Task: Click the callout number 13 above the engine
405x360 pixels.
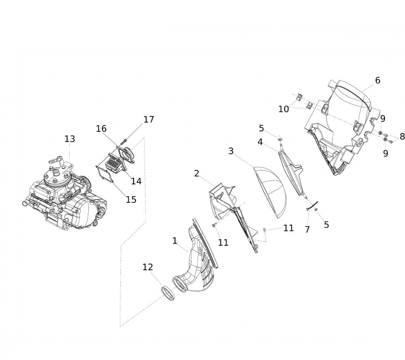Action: coord(70,139)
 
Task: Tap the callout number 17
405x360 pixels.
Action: coord(149,120)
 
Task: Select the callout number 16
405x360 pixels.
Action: coord(101,129)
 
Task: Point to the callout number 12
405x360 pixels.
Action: coord(148,267)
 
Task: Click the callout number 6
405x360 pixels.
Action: coord(377,80)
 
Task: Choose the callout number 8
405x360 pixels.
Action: coord(402,136)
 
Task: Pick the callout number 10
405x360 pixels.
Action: coord(283,109)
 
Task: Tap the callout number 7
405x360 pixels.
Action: coord(307,229)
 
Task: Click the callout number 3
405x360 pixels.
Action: coord(231,151)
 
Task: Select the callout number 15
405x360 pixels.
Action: coord(131,199)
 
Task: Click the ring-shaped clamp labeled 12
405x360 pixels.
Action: coord(168,293)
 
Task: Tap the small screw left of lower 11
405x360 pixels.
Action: coord(214,225)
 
